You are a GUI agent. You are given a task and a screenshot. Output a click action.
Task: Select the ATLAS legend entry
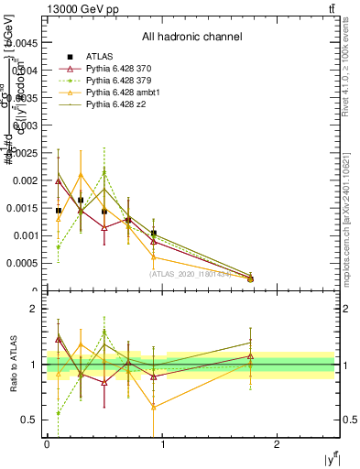(x=99, y=58)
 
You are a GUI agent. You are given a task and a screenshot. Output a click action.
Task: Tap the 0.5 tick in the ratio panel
(x=30, y=420)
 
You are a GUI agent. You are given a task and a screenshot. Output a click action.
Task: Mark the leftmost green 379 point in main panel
(x=58, y=246)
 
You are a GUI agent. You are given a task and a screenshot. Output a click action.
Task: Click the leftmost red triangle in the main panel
(x=58, y=181)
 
